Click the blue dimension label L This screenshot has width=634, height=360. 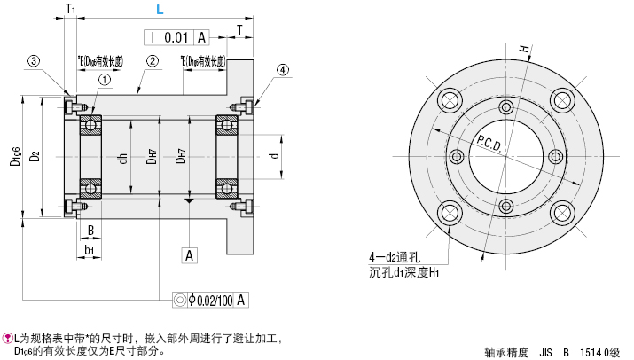159,11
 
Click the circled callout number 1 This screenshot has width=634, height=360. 105,80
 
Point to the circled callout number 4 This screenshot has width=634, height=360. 282,69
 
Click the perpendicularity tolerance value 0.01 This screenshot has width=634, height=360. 176,36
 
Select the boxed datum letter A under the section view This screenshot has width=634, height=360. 189,255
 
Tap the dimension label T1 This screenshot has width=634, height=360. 70,9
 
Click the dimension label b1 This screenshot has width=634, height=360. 89,250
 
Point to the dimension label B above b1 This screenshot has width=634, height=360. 90,230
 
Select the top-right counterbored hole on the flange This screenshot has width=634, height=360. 560,98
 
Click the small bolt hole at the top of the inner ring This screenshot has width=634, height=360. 505,107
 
